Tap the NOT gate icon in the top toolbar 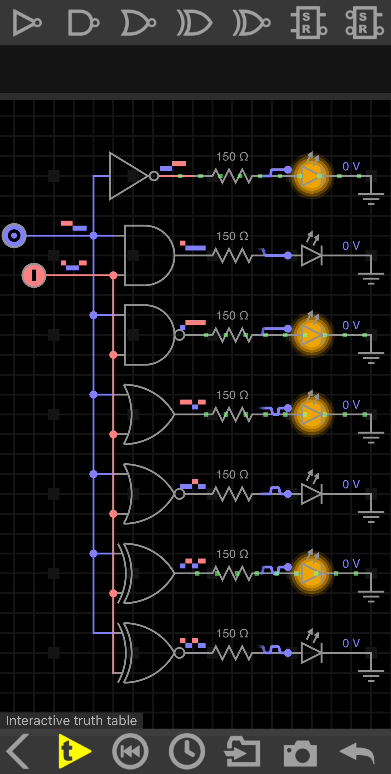pyautogui.click(x=27, y=23)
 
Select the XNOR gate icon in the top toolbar pyautogui.click(x=251, y=23)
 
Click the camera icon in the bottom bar pyautogui.click(x=300, y=752)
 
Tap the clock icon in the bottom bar pyautogui.click(x=187, y=751)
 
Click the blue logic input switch pyautogui.click(x=14, y=236)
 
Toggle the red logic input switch pyautogui.click(x=34, y=275)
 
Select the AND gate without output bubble pyautogui.click(x=148, y=255)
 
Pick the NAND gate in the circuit pyautogui.click(x=148, y=335)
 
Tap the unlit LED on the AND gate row pyautogui.click(x=311, y=255)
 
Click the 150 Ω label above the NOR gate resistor pyautogui.click(x=232, y=474)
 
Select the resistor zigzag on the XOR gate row pyautogui.click(x=232, y=573)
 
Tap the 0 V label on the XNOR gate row pyautogui.click(x=351, y=643)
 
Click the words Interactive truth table pyautogui.click(x=71, y=721)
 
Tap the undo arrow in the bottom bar pyautogui.click(x=357, y=752)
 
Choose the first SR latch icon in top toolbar pyautogui.click(x=308, y=23)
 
